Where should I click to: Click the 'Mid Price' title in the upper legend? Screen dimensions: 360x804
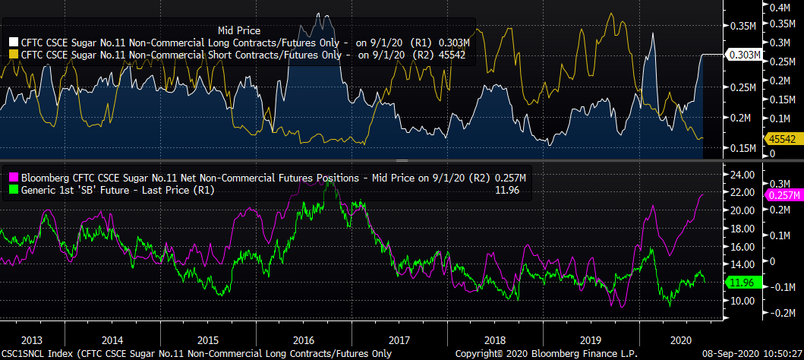click(238, 30)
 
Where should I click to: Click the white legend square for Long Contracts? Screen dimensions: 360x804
click(14, 43)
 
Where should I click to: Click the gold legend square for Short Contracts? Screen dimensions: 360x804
click(14, 55)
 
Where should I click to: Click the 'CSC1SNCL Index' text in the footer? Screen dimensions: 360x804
click(39, 354)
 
